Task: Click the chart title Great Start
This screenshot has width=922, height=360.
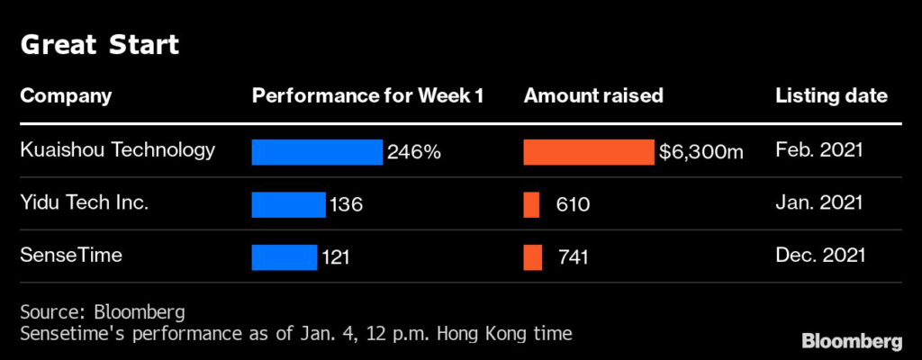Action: click(100, 46)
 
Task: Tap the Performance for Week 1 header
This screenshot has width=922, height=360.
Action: click(368, 95)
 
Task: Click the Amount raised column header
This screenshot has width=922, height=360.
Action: click(593, 95)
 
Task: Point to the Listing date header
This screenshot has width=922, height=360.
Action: click(831, 95)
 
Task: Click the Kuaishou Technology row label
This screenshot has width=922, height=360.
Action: click(118, 149)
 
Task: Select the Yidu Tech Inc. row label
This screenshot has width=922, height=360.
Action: click(84, 203)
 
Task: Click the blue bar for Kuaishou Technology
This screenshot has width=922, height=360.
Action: click(317, 152)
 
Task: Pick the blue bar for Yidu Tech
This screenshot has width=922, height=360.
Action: click(288, 204)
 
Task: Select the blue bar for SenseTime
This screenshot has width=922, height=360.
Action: click(285, 257)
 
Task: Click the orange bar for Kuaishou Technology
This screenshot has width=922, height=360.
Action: click(589, 152)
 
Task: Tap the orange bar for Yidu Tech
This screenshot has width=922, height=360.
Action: click(531, 204)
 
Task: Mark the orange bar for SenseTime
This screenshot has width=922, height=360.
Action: click(533, 257)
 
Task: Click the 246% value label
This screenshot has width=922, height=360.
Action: click(414, 152)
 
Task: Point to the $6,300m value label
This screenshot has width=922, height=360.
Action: click(701, 152)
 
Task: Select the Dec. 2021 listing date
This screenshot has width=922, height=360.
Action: click(819, 256)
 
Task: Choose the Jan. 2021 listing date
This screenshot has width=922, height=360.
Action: click(818, 203)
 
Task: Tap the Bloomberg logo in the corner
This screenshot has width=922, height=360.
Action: click(852, 341)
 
